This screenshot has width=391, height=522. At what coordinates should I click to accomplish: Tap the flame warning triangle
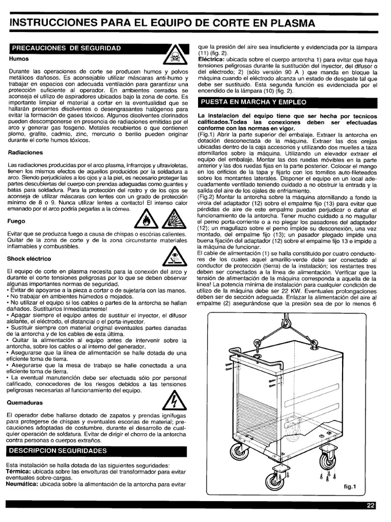[147, 221]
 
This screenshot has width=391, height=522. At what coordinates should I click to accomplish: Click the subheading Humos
[18, 59]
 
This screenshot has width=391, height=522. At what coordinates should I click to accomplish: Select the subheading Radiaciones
[26, 152]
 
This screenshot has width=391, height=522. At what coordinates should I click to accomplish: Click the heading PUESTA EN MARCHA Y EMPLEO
[254, 102]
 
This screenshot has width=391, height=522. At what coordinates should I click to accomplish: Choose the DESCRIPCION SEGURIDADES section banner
[59, 451]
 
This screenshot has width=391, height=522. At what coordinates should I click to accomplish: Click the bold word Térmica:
[20, 472]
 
